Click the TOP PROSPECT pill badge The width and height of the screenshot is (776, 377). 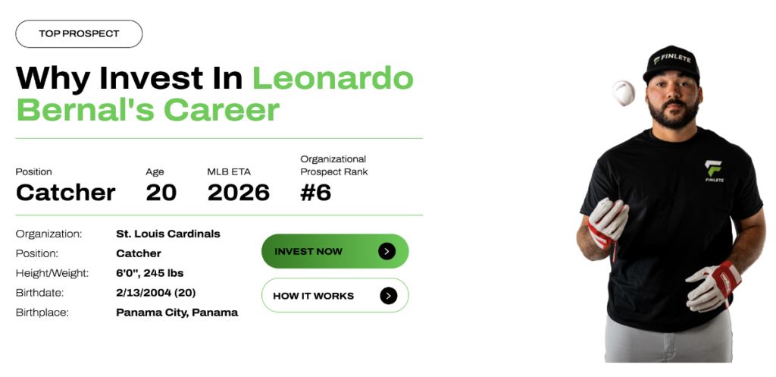(x=79, y=33)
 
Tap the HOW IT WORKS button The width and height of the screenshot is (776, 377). (x=335, y=295)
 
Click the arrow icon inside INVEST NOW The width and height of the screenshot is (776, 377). (x=386, y=251)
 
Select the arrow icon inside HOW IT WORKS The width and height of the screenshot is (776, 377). (x=389, y=296)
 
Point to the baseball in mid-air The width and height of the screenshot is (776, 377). (x=624, y=93)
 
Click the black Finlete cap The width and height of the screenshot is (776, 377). (x=671, y=64)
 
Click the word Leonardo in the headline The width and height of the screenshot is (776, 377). (x=333, y=78)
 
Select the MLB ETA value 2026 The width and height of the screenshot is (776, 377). (x=239, y=192)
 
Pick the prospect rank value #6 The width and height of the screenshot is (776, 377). (x=316, y=192)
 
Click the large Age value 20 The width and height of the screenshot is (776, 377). (x=161, y=192)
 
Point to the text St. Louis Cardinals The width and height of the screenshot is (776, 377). (x=168, y=234)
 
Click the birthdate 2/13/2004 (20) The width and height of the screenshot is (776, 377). (x=156, y=293)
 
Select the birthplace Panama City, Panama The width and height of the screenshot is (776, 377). (x=177, y=313)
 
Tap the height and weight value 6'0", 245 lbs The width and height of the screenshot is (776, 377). (x=150, y=273)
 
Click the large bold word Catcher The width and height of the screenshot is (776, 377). (x=66, y=192)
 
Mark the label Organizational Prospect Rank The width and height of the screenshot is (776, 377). (x=334, y=165)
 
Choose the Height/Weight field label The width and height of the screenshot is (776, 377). (x=52, y=273)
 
